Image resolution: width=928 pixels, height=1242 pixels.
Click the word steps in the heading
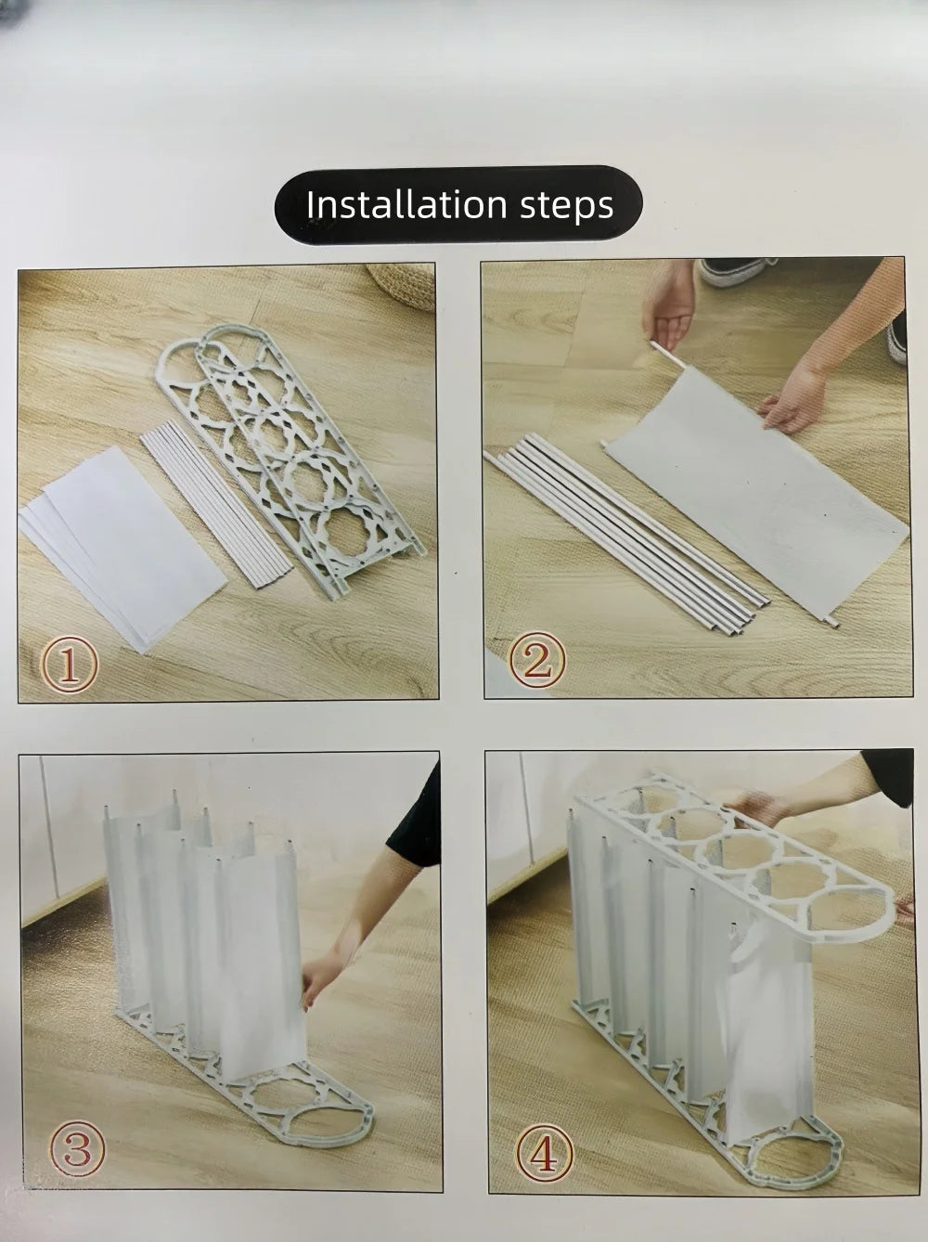(567, 207)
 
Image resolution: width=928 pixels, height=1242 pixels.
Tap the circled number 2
(537, 659)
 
